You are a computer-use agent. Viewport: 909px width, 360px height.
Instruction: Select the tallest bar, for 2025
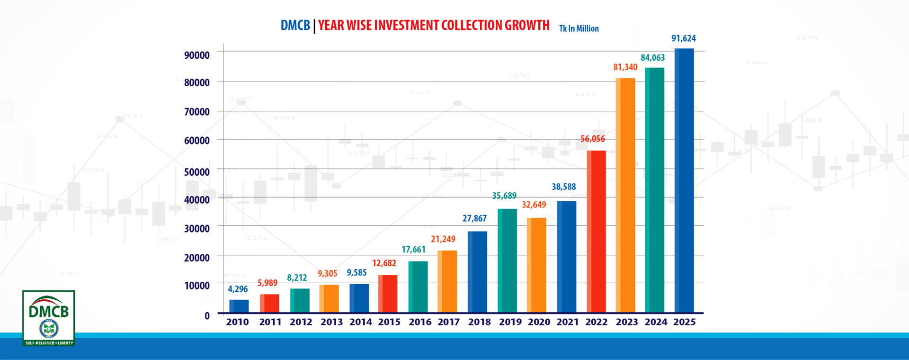[684, 180]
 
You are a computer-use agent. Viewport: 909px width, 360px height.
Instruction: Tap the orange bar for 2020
[536, 265]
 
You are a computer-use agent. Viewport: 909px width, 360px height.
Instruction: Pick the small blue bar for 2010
[239, 306]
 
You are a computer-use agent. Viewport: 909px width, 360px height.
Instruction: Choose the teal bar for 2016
[418, 287]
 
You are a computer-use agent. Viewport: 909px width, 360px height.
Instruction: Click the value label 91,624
[684, 38]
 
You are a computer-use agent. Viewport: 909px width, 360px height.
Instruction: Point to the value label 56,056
[593, 139]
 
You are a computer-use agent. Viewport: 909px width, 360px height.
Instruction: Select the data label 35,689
[504, 196]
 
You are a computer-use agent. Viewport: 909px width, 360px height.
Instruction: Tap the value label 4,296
[238, 289]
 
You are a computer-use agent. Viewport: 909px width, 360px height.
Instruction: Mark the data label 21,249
[443, 239]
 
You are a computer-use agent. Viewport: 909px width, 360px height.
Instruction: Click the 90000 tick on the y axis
[197, 55]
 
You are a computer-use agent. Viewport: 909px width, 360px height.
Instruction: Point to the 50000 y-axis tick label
[197, 172]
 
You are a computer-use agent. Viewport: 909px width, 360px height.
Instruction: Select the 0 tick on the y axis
[207, 316]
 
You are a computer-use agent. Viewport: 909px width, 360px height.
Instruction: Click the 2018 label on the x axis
[480, 322]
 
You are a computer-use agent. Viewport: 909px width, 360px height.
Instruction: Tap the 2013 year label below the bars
[331, 322]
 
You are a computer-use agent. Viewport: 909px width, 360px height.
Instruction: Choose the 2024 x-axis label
[656, 322]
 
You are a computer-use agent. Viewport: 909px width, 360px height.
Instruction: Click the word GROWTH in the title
[527, 25]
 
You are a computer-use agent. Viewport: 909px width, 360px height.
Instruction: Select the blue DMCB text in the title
[295, 26]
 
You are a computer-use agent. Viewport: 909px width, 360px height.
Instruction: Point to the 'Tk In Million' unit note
[579, 28]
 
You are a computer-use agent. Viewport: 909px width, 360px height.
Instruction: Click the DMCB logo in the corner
[49, 318]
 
